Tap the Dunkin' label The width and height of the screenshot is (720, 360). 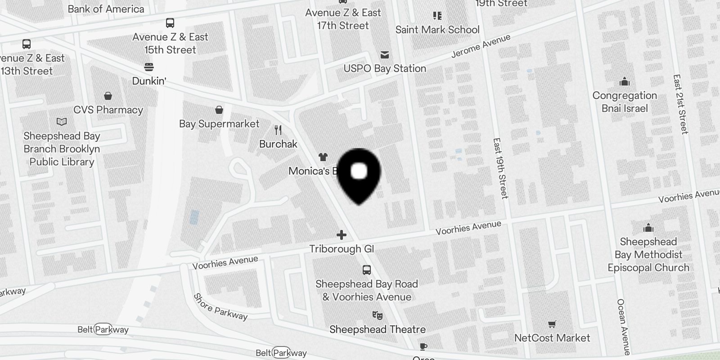click(x=149, y=81)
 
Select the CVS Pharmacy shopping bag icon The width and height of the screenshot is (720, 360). click(x=108, y=96)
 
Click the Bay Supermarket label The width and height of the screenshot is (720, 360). click(x=219, y=124)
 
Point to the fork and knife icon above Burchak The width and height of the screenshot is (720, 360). click(x=278, y=130)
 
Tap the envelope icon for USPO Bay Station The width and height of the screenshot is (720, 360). click(x=385, y=55)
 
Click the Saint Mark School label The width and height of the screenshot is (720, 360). click(x=437, y=30)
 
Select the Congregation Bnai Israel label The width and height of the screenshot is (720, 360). click(x=625, y=102)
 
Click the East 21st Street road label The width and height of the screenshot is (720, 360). click(x=680, y=104)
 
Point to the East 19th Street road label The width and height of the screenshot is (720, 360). click(x=500, y=168)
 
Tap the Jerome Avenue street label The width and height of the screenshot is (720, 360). click(x=481, y=46)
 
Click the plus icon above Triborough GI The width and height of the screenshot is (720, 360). click(x=342, y=235)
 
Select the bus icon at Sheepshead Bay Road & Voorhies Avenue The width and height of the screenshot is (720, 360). click(x=367, y=270)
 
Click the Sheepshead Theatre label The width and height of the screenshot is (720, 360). click(x=377, y=329)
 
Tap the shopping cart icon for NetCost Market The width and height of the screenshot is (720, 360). click(x=552, y=324)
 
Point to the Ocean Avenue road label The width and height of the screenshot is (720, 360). click(x=623, y=327)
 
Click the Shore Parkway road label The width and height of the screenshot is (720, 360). click(x=220, y=307)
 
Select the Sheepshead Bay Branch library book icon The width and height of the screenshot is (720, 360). click(x=62, y=122)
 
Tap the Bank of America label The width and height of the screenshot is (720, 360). click(x=106, y=9)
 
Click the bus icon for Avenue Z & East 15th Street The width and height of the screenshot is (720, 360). click(x=170, y=23)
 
